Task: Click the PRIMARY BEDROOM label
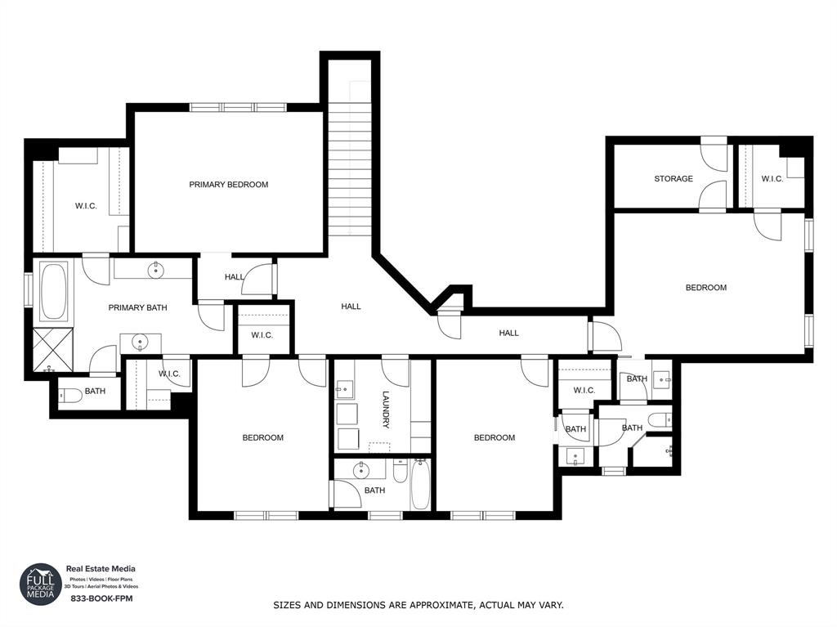228,185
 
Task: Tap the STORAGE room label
673,179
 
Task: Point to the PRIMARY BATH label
137,308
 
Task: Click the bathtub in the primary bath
55,291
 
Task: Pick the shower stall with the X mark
53,349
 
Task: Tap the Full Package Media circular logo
41,584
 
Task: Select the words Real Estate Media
101,569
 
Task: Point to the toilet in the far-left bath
71,396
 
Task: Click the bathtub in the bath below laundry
420,484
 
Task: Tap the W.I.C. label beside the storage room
772,179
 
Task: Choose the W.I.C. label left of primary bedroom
86,206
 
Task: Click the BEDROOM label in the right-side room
705,288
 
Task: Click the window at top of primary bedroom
238,107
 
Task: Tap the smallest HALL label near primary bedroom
234,277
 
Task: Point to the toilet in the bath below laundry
399,472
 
